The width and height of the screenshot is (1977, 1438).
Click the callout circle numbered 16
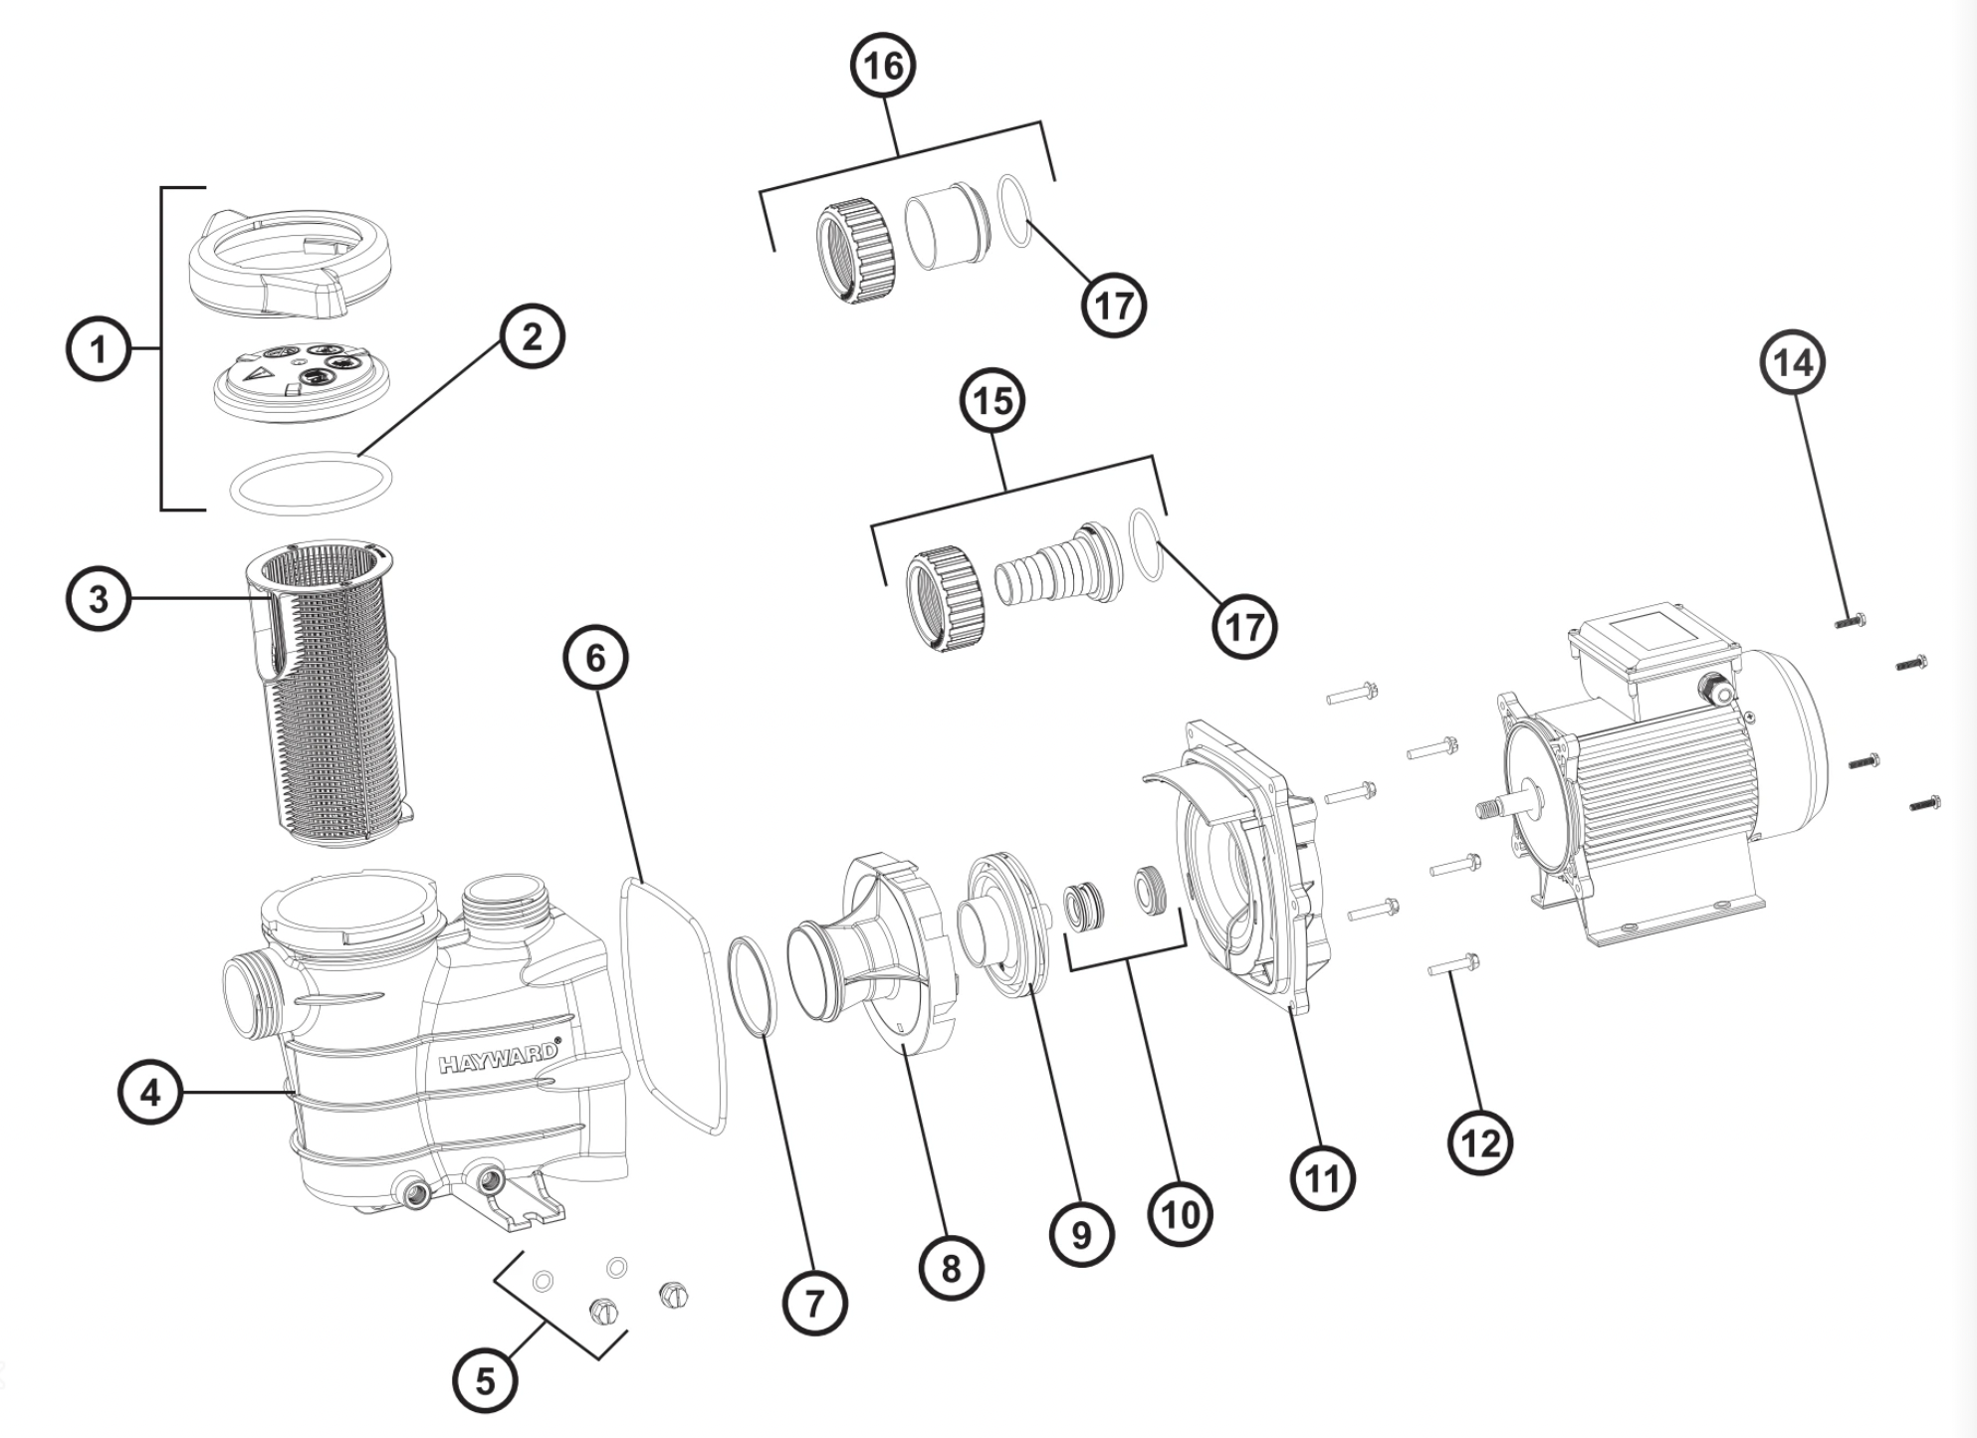coord(883,66)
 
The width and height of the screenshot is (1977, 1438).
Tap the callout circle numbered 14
coord(1794,363)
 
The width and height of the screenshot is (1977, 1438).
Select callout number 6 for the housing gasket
coord(595,658)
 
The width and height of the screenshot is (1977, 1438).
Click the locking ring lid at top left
coord(289,261)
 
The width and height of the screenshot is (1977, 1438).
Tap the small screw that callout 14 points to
coord(1850,621)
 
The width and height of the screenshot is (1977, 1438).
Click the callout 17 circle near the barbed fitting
coord(1243,627)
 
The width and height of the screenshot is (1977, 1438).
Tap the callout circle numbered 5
coord(485,1381)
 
